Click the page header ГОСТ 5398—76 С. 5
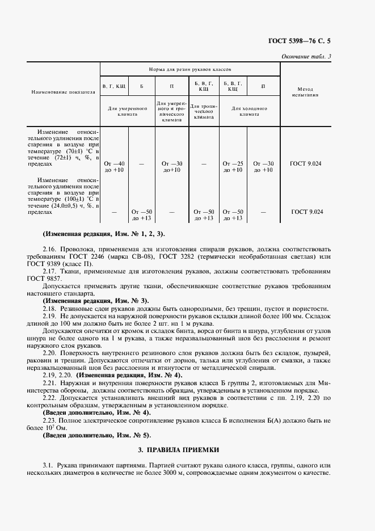(299, 41)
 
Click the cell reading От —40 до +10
(115, 167)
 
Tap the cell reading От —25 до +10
(233, 167)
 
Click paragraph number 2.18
(49, 308)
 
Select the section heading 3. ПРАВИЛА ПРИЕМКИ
(187, 449)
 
